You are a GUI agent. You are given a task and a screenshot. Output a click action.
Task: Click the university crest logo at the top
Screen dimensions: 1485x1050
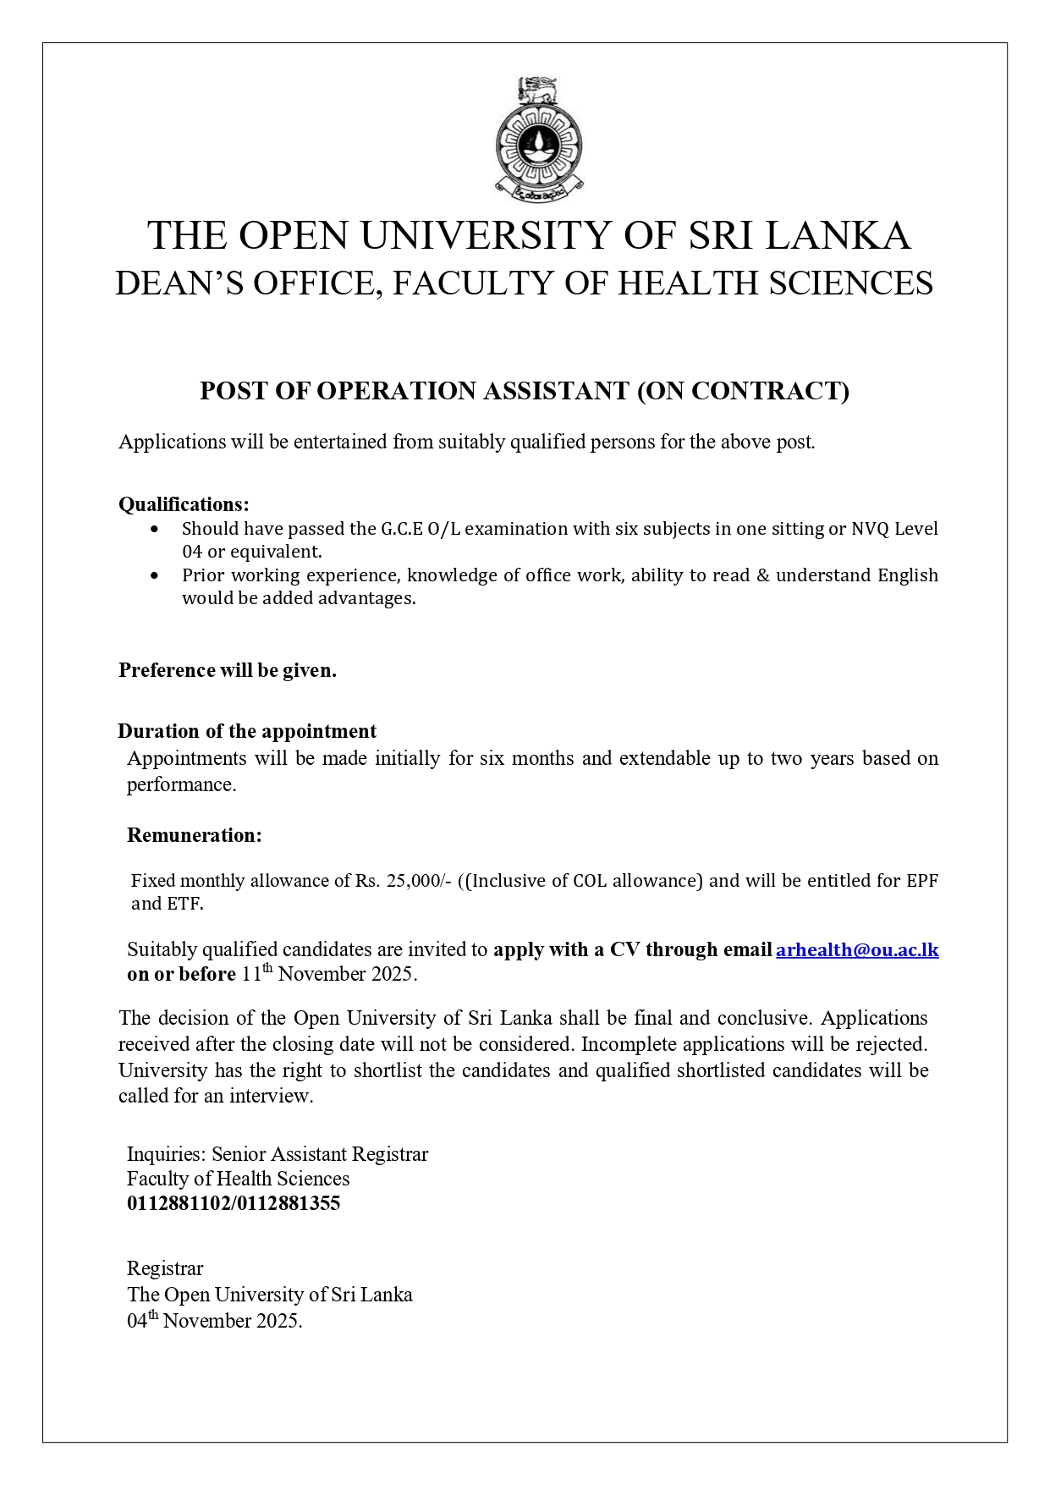tap(539, 140)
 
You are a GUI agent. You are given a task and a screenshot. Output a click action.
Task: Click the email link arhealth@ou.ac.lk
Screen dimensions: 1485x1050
tap(856, 949)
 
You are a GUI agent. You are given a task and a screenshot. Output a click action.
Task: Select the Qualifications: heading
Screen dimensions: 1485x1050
tap(184, 504)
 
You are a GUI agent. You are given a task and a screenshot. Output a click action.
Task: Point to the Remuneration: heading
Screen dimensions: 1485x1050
tap(194, 835)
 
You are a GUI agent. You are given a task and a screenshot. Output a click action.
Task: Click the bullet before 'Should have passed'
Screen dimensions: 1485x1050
tap(154, 530)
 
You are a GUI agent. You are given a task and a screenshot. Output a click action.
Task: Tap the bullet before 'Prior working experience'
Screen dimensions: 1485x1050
tap(154, 575)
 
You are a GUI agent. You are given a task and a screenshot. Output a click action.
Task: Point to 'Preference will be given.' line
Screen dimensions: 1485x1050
tap(227, 670)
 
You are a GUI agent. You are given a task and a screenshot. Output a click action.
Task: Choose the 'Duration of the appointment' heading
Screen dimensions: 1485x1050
tap(247, 731)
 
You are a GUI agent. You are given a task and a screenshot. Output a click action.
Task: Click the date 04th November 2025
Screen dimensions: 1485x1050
tap(214, 1320)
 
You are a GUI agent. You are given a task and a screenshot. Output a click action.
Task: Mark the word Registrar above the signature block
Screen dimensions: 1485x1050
tap(165, 1268)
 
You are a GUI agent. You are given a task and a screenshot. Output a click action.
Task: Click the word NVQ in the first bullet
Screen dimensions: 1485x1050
tap(870, 529)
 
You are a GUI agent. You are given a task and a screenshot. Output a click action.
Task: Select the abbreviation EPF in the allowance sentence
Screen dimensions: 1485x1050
tap(922, 881)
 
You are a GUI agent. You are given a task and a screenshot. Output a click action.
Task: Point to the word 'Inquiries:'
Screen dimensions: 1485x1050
tap(166, 1154)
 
